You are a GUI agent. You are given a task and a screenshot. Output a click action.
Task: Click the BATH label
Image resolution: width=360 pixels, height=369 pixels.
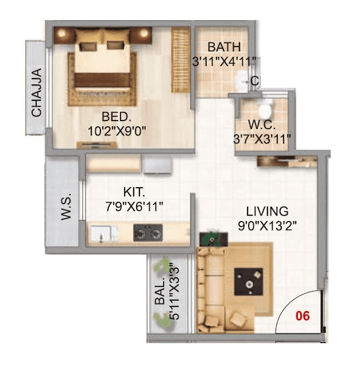(x=224, y=47)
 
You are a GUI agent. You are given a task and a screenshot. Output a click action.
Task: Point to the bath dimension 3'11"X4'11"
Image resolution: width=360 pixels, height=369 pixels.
(x=224, y=61)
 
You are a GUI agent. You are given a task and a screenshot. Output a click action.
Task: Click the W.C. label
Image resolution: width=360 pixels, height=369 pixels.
(x=262, y=125)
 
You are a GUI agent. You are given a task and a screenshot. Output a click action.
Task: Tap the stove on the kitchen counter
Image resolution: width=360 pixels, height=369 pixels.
(x=148, y=232)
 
